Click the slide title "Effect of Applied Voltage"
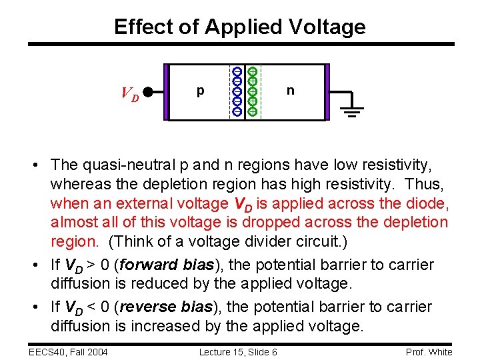(240, 27)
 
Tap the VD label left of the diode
(130, 94)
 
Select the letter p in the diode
(200, 91)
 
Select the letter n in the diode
(290, 90)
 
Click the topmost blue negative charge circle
(237, 72)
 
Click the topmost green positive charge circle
(253, 71)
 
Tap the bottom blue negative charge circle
(237, 111)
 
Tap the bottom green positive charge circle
(253, 111)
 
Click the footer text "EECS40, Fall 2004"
(67, 351)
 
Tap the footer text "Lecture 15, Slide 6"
(238, 351)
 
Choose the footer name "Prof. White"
(429, 351)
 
